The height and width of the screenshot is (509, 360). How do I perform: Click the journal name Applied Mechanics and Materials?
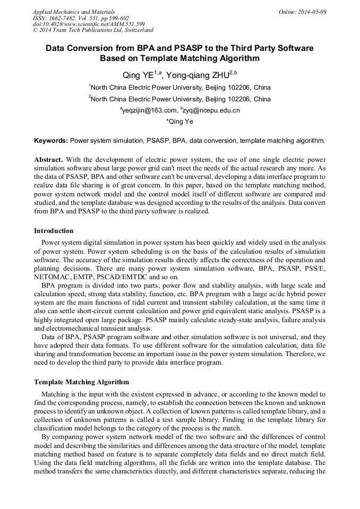coord(73,12)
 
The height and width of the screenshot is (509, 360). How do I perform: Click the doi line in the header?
coord(89,24)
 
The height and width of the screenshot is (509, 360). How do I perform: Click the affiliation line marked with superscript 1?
coord(179,88)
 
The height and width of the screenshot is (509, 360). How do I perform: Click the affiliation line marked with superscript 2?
coord(179,99)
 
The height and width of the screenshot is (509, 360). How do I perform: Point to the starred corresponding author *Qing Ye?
coord(179,122)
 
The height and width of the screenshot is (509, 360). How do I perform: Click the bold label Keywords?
coord(51,141)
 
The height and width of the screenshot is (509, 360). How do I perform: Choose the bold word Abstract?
coord(49,159)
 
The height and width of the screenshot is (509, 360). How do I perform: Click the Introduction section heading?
coord(54,231)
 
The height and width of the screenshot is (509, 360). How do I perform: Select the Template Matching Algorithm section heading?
coord(81,382)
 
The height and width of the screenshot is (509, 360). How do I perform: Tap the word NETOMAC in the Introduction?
coord(51,277)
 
